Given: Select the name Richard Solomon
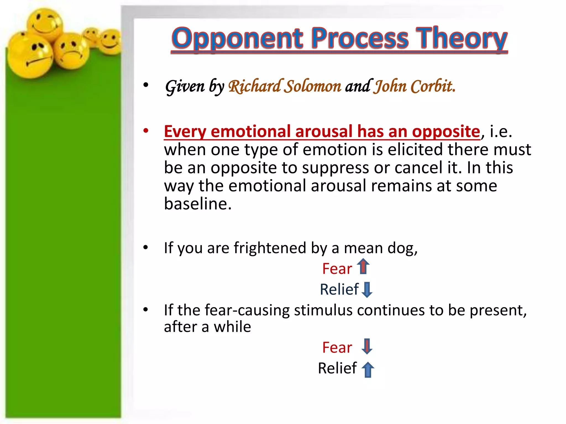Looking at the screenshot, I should coord(285,86).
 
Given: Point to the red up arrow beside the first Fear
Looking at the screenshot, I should coord(363,266).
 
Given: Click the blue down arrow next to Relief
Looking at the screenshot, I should coord(367,289).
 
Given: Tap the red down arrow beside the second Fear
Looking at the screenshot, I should coord(367,346).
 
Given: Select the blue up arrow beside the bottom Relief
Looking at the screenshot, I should coord(368,369).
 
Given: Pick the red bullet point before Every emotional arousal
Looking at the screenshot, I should coord(146,131).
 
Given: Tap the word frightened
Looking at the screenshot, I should coord(270,248).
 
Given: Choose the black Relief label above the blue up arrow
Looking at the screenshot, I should coord(337,368).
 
